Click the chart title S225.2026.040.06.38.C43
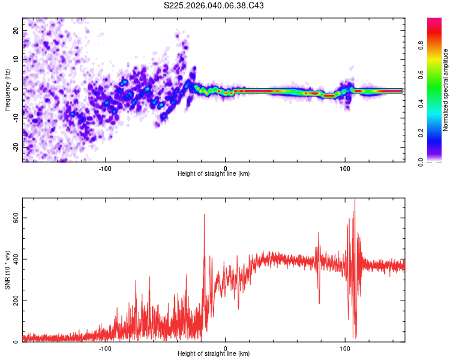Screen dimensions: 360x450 214,5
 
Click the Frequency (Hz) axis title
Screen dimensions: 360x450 7,89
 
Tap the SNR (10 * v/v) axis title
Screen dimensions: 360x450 7,271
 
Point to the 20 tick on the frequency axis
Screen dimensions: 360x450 16,30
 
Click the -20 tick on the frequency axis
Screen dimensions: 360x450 15,147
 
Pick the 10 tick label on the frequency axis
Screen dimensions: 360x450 16,59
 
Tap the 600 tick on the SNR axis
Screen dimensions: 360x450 13,218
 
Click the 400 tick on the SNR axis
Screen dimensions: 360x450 13,259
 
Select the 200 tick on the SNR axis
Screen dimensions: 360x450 13,301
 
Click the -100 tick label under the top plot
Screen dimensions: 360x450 106,168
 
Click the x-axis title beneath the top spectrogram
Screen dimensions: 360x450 214,174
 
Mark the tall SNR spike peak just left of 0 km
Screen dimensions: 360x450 205,215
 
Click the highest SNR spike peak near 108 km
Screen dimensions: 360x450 355,200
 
